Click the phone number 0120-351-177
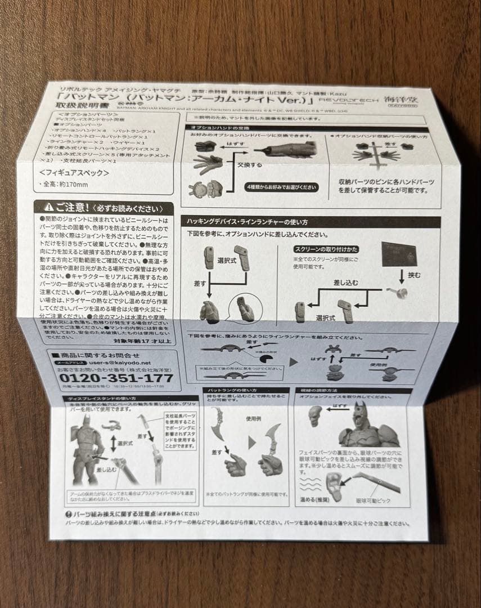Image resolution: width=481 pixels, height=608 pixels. [x=116, y=378]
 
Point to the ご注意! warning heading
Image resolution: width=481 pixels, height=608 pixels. [x=104, y=208]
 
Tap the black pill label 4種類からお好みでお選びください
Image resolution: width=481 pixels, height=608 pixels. [x=281, y=187]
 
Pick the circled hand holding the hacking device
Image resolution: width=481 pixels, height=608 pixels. [x=246, y=309]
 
